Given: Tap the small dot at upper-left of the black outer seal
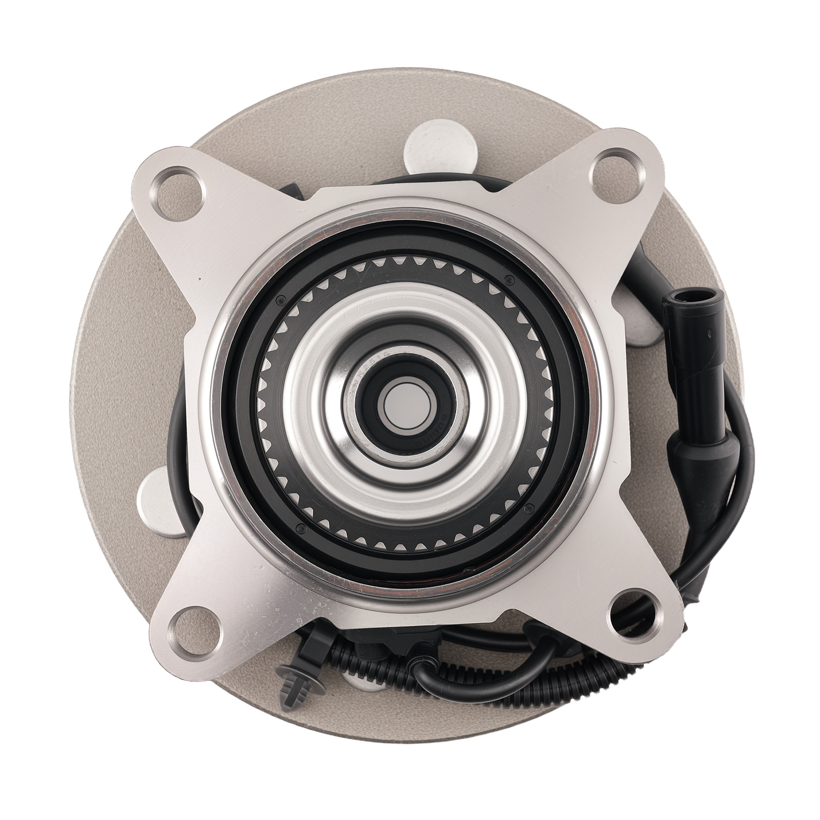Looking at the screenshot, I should pos(280,300).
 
